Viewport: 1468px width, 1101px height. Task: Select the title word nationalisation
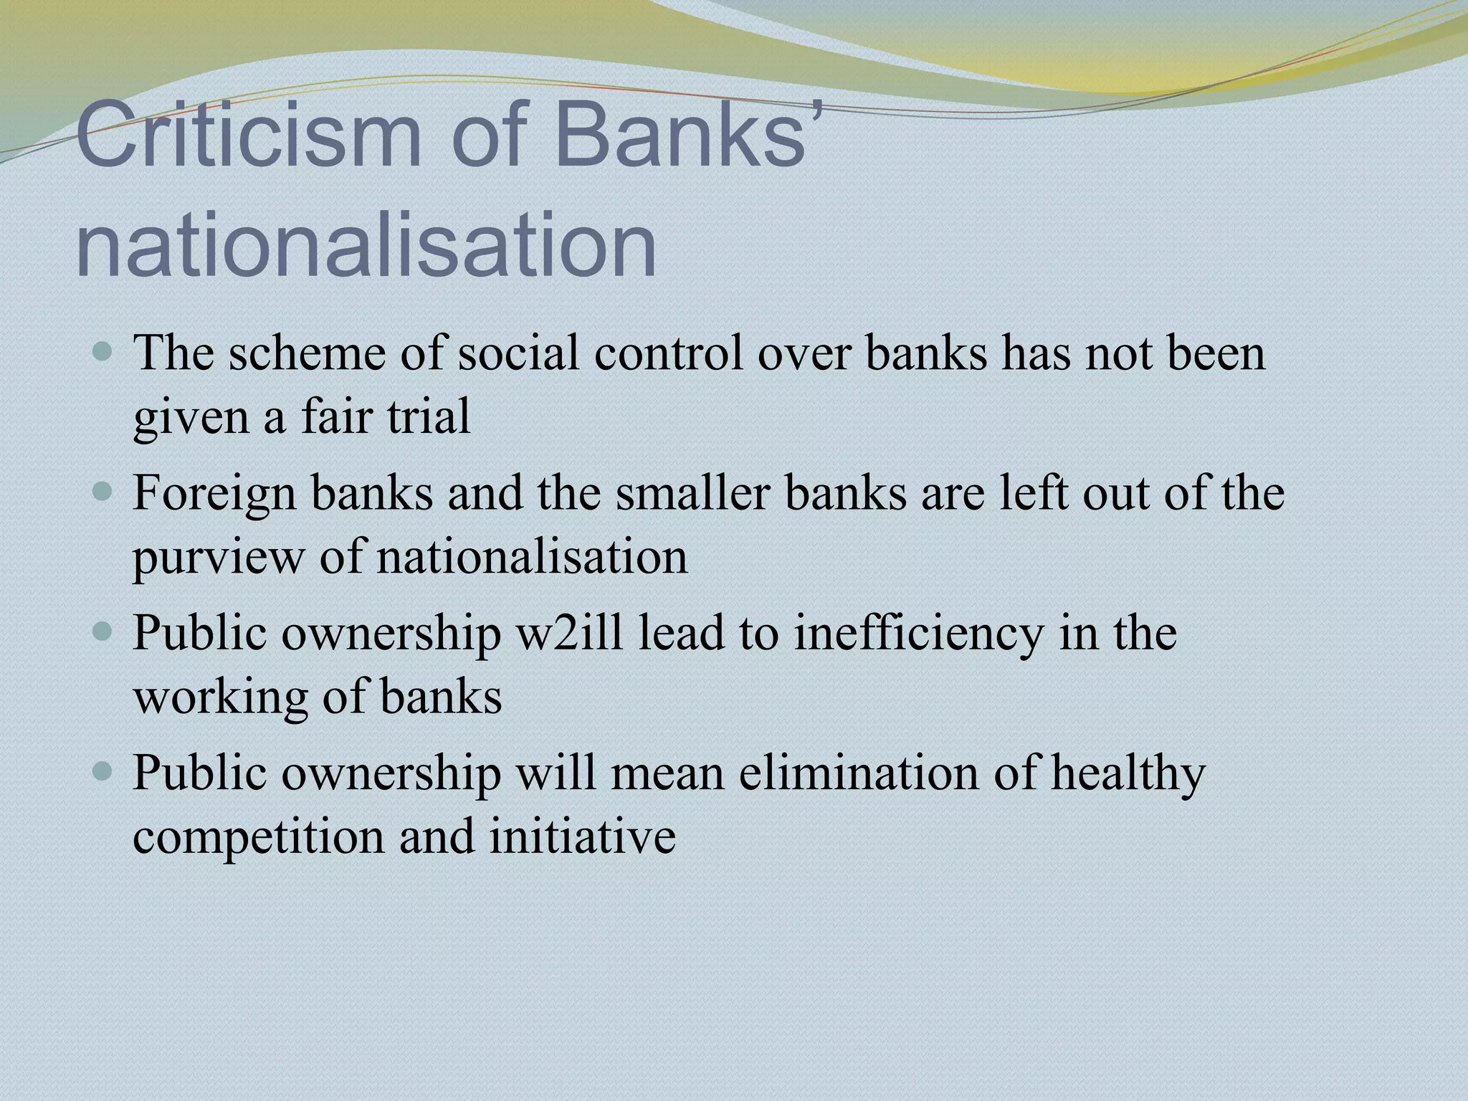(366, 245)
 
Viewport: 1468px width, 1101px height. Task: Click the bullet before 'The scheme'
(103, 352)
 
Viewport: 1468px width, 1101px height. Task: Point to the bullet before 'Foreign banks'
(103, 492)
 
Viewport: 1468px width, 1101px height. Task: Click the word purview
(218, 558)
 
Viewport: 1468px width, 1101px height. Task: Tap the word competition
(258, 838)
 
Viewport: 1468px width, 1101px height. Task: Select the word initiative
(582, 837)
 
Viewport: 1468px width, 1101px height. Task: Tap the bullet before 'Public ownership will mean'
(103, 772)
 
